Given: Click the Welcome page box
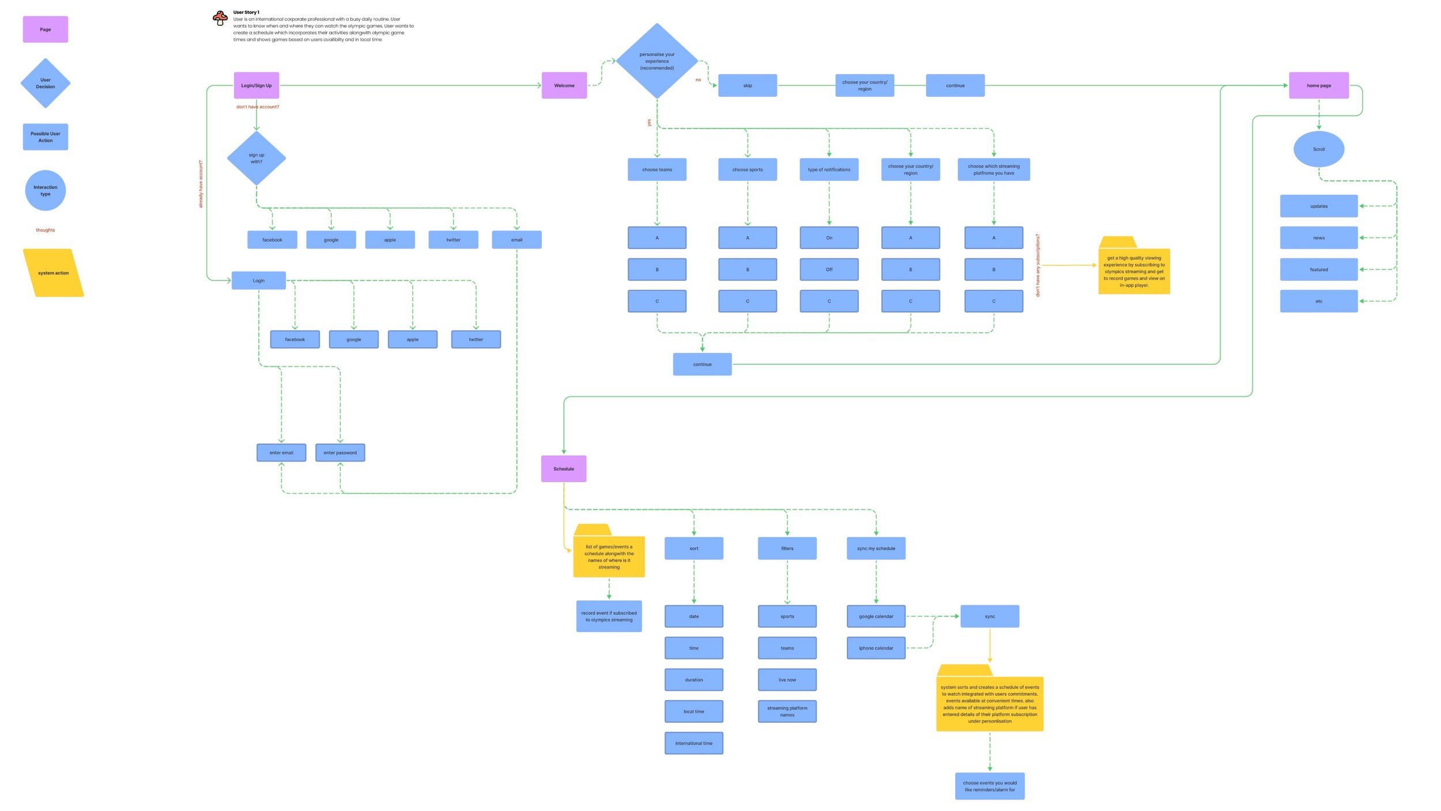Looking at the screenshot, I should (x=564, y=85).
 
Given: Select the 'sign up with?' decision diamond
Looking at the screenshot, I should (x=256, y=158).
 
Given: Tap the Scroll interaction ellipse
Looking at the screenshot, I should (x=1318, y=149).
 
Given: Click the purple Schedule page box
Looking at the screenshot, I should (x=563, y=468).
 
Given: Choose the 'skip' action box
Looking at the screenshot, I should (x=747, y=85).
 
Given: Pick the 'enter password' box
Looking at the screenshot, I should (x=340, y=452).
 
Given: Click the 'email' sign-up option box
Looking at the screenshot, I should (x=516, y=239).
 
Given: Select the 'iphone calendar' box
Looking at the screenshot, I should (x=876, y=648).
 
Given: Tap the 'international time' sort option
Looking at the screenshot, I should (x=693, y=743).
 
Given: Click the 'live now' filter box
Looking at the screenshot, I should (x=787, y=679).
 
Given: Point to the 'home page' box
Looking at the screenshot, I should (x=1318, y=85).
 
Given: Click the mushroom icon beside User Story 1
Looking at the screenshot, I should (x=220, y=18).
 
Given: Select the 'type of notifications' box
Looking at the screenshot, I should (x=829, y=170).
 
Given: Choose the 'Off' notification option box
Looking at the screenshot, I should (x=829, y=269).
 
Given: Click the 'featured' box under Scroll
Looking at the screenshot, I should (x=1318, y=269).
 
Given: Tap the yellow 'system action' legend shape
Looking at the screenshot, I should (x=53, y=273).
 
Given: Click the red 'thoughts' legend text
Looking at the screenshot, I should (x=46, y=230).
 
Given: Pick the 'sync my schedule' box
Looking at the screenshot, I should (x=876, y=548).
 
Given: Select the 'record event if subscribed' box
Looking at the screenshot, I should (x=609, y=616).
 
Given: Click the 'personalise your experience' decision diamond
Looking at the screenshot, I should (x=657, y=61).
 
